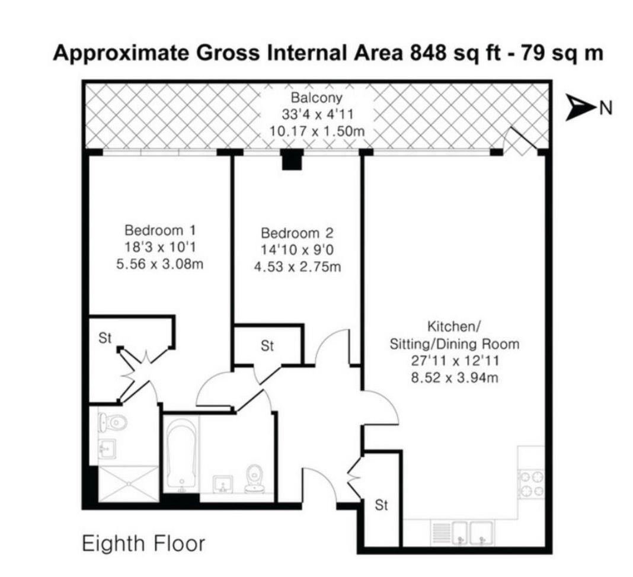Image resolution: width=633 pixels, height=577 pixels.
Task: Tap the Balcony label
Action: tap(316, 98)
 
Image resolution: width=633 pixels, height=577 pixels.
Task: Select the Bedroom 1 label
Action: tap(160, 230)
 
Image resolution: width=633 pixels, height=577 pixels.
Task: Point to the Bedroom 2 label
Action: tap(298, 233)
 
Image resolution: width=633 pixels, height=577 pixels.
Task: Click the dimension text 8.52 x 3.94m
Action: tap(454, 378)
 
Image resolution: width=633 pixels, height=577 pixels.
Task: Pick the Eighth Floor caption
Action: tap(143, 543)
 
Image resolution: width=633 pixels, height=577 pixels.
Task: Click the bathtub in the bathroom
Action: tap(182, 455)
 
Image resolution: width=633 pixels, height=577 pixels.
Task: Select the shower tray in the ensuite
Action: tap(129, 484)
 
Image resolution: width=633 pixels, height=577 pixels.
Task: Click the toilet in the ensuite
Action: tap(113, 422)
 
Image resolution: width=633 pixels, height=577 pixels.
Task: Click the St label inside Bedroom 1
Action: tap(105, 338)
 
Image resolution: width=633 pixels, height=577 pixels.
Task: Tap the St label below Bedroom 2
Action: tap(267, 346)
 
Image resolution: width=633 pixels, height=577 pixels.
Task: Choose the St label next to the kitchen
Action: tap(382, 505)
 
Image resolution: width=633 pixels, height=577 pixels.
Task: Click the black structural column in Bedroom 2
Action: tap(292, 159)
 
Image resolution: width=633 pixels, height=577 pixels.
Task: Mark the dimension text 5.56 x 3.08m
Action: tap(160, 264)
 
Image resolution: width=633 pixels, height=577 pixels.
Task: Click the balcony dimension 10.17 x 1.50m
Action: tap(317, 131)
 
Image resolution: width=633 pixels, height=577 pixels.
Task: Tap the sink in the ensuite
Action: tap(107, 448)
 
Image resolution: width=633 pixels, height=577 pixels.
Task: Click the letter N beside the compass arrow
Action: tap(606, 108)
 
